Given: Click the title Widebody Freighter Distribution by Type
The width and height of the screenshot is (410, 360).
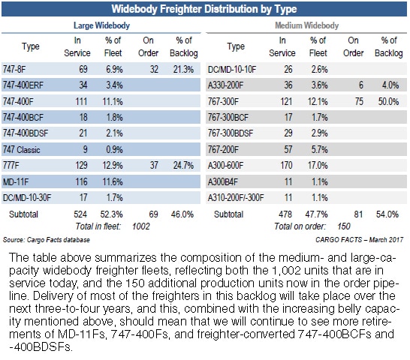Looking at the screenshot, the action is pos(204,9).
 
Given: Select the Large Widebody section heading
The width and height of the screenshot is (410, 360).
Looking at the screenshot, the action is pos(101,25).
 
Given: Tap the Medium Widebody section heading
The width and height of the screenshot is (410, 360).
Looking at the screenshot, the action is pos(306,25).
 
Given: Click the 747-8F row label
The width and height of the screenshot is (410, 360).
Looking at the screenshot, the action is pos(14,69).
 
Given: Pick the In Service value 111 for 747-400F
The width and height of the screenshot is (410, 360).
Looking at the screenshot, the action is pos(81,101).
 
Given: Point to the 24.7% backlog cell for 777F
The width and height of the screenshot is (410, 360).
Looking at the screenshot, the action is pos(183,165).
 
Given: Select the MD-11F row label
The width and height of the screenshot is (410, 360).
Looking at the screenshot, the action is pos(16,181).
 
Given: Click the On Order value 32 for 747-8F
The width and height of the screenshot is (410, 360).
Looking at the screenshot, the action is pos(154,69).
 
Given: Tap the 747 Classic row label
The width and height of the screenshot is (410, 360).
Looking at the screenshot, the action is pos(22,150).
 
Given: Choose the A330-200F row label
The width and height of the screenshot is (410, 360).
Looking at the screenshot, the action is pos(225,85).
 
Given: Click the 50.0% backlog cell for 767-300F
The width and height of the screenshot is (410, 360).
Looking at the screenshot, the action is pos(388,101).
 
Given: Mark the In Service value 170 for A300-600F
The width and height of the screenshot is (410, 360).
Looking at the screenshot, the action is pos(286,165).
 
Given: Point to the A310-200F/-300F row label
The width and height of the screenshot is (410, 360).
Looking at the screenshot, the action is pos(236,197).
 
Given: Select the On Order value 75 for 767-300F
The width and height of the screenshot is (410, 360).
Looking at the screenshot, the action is pos(359,101).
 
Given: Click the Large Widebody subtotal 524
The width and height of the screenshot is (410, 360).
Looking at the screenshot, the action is pos(80,214).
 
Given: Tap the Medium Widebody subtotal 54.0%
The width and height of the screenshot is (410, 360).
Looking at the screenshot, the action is pos(387,214).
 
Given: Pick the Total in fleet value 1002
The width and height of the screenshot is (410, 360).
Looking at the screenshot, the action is pos(141,226).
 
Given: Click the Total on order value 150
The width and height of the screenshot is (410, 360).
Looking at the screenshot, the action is pos(344,226).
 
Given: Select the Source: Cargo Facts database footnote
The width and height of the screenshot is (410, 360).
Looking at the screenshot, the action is pos(47,240).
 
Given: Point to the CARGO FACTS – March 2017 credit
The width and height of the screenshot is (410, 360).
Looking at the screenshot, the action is pos(359,240).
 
